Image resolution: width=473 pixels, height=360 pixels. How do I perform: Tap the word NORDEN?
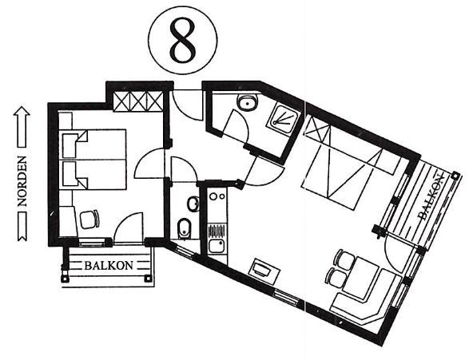[22, 181]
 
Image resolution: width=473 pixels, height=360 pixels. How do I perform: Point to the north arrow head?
[22, 111]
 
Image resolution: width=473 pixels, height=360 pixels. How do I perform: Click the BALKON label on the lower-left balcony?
[109, 265]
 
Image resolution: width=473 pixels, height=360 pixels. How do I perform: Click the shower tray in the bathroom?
[284, 117]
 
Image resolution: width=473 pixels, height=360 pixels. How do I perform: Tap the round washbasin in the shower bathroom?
[248, 102]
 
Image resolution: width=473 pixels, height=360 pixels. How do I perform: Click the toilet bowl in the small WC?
[183, 228]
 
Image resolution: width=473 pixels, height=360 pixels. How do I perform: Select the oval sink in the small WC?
[193, 204]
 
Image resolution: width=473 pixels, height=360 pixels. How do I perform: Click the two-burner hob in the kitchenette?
[217, 196]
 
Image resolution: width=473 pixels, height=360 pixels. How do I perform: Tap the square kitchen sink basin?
[216, 247]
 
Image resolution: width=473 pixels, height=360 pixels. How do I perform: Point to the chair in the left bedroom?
[89, 219]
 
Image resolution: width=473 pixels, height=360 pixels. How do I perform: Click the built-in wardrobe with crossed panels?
[138, 101]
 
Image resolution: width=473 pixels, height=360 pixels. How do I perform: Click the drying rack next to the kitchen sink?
[217, 231]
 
